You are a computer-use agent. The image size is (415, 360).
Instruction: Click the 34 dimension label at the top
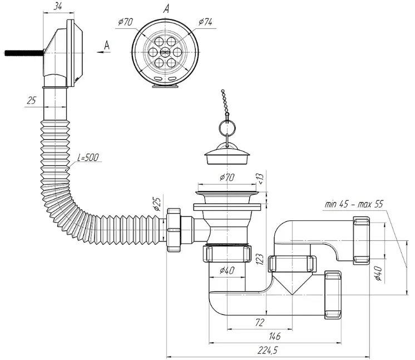pos(58,6)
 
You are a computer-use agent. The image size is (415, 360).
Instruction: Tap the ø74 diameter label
pos(205,22)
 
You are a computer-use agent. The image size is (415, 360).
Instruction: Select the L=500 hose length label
pos(88,157)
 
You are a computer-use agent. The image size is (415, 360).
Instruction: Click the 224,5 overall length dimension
pos(268,351)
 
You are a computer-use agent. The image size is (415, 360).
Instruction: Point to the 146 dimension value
pos(274,337)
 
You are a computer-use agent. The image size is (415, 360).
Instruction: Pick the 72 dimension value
pos(260,322)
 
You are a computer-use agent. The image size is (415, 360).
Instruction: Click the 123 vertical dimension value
pos(260,259)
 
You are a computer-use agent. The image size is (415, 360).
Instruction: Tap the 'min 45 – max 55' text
pos(354,204)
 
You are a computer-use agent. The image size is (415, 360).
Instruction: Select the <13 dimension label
pos(260,179)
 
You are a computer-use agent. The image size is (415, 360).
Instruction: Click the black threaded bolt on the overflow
pos(24,53)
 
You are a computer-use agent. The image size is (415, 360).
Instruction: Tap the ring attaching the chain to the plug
pos(227,127)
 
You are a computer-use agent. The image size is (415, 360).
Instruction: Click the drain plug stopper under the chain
pos(227,155)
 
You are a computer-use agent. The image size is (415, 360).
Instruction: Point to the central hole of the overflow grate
pos(165,51)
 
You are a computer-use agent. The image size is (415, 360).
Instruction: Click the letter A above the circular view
pos(166,9)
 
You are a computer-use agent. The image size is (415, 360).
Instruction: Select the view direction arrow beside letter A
pos(103,52)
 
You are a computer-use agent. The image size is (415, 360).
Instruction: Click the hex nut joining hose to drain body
pos(174,230)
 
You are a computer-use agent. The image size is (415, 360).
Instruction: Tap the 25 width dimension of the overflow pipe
pos(31,101)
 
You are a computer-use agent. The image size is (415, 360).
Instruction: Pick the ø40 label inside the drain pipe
pos(227,270)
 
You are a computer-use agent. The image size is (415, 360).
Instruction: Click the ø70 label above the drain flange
pos(227,177)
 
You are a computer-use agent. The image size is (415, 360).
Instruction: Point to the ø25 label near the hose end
pos(157,204)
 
